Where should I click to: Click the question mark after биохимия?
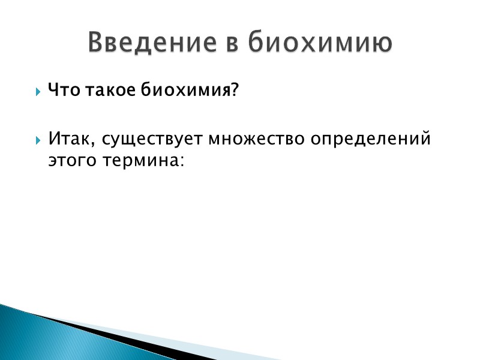click(x=235, y=91)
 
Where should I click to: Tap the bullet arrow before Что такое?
click(x=38, y=92)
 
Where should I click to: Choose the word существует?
click(x=153, y=140)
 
